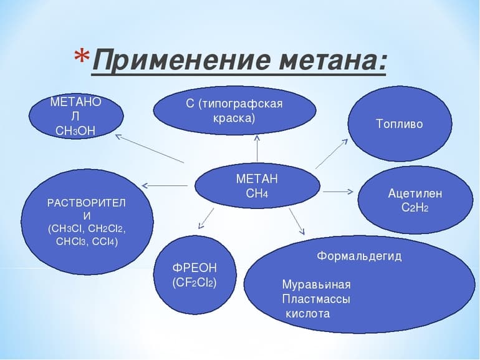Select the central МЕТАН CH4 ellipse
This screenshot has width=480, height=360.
pos(257,186)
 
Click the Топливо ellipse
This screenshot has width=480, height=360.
pos(399,124)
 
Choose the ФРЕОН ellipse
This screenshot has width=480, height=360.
pos(194,275)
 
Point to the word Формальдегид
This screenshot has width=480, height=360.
pos(359,256)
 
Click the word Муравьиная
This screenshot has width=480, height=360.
pos(316,285)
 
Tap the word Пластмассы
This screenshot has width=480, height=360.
pos(315,299)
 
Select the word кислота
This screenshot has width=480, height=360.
pos(307,313)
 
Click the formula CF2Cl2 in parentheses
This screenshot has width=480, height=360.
pos(194,282)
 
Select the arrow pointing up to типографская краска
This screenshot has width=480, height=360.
pos(257,148)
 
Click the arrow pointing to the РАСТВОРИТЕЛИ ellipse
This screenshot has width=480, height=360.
pos(165,185)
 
